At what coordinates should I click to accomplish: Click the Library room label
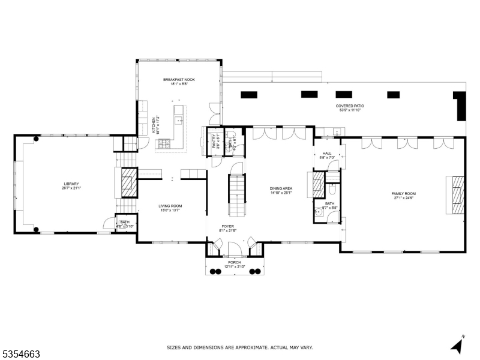point(71,186)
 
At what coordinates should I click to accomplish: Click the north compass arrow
point(457,346)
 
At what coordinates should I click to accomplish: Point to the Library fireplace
point(128,181)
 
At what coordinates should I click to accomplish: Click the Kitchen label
point(154,124)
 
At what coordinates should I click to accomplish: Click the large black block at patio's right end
point(460,106)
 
